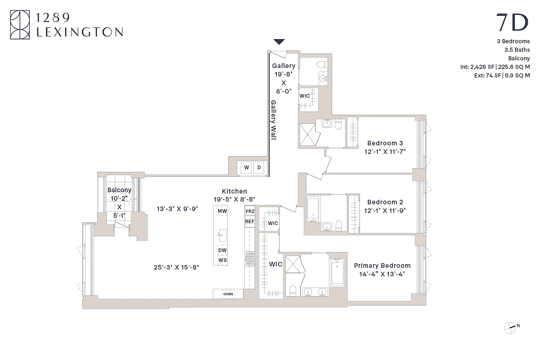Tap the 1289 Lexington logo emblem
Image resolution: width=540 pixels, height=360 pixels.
point(20,25)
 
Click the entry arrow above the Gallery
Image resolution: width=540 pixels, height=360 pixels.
point(279,42)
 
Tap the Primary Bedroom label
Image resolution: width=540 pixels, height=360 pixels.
point(382,266)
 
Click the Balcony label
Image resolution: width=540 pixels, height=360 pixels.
point(119,190)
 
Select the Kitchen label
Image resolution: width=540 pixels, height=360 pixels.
point(234,191)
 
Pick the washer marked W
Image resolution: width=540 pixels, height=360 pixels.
point(247,168)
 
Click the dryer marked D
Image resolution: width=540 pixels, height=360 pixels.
point(259,168)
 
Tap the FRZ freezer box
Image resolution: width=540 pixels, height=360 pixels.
point(250,211)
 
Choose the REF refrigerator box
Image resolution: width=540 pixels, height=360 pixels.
point(250,221)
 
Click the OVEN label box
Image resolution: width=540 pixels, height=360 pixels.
point(228,294)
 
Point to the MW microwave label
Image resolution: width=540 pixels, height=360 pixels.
point(222,211)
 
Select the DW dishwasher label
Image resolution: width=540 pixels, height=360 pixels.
point(222,250)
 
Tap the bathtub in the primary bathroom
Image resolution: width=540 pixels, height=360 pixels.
point(337,272)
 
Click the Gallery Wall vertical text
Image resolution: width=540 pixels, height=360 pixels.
point(273,120)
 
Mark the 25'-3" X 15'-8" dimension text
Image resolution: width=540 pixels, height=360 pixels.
point(176,267)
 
